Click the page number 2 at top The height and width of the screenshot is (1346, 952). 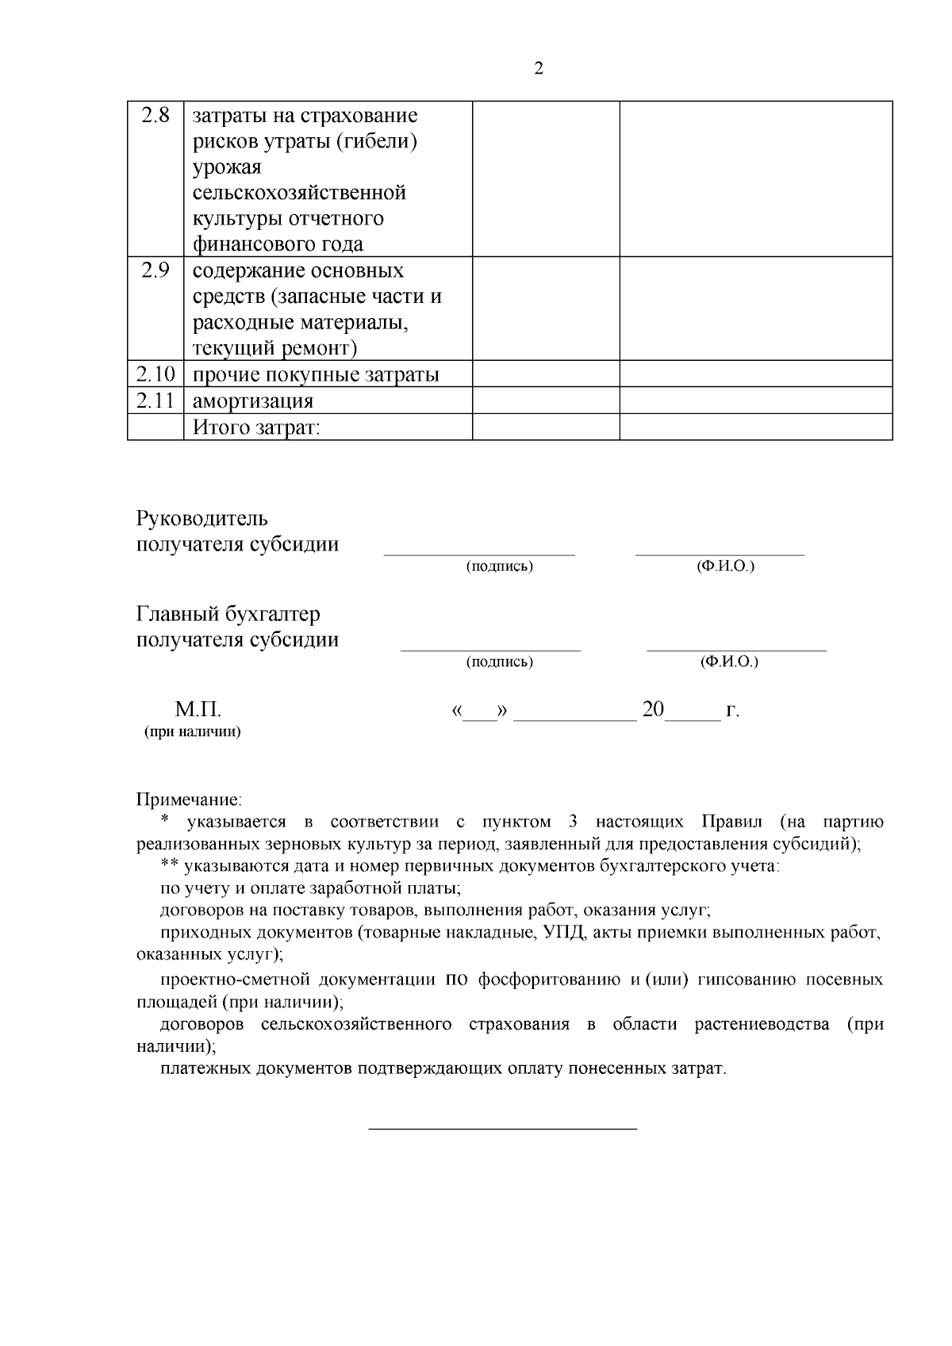[x=539, y=69]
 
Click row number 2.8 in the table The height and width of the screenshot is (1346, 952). [x=155, y=116]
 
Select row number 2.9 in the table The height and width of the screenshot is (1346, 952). [x=155, y=271]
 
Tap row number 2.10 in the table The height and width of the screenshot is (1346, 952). [x=155, y=374]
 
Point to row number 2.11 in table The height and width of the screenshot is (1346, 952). [x=155, y=401]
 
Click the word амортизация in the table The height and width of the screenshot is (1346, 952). [x=253, y=401]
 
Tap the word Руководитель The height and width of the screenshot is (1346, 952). [x=202, y=519]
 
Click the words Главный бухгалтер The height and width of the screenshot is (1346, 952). [x=228, y=615]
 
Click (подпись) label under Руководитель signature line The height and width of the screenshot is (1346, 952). [x=499, y=566]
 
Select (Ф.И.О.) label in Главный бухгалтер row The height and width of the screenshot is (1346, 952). [x=729, y=661]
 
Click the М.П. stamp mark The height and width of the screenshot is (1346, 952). [x=198, y=709]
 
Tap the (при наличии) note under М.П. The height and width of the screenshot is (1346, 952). [x=192, y=731]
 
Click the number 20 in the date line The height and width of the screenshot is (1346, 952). [x=653, y=709]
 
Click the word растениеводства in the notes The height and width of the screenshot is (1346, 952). [x=762, y=1024]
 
